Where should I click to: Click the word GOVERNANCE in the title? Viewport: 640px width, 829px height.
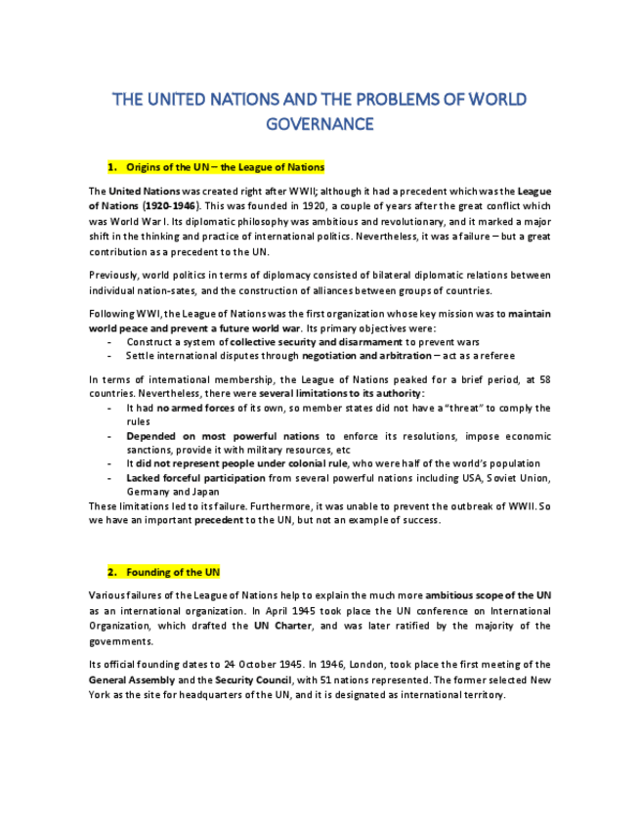pyautogui.click(x=320, y=124)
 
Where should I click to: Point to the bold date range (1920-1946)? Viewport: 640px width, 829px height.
pyautogui.click(x=171, y=206)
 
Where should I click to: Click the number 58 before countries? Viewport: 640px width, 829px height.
pyautogui.click(x=544, y=377)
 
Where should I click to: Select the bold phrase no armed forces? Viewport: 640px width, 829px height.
pyautogui.click(x=195, y=408)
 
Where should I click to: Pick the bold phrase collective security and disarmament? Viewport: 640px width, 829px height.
pyautogui.click(x=316, y=342)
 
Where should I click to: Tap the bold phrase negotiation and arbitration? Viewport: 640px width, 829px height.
pyautogui.click(x=365, y=356)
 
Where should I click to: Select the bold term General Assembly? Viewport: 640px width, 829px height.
pyautogui.click(x=132, y=678)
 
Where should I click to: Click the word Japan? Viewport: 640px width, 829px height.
pyautogui.click(x=204, y=492)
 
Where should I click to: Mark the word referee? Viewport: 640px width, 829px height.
pyautogui.click(x=495, y=356)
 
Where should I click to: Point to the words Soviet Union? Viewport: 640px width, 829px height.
pyautogui.click(x=517, y=478)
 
